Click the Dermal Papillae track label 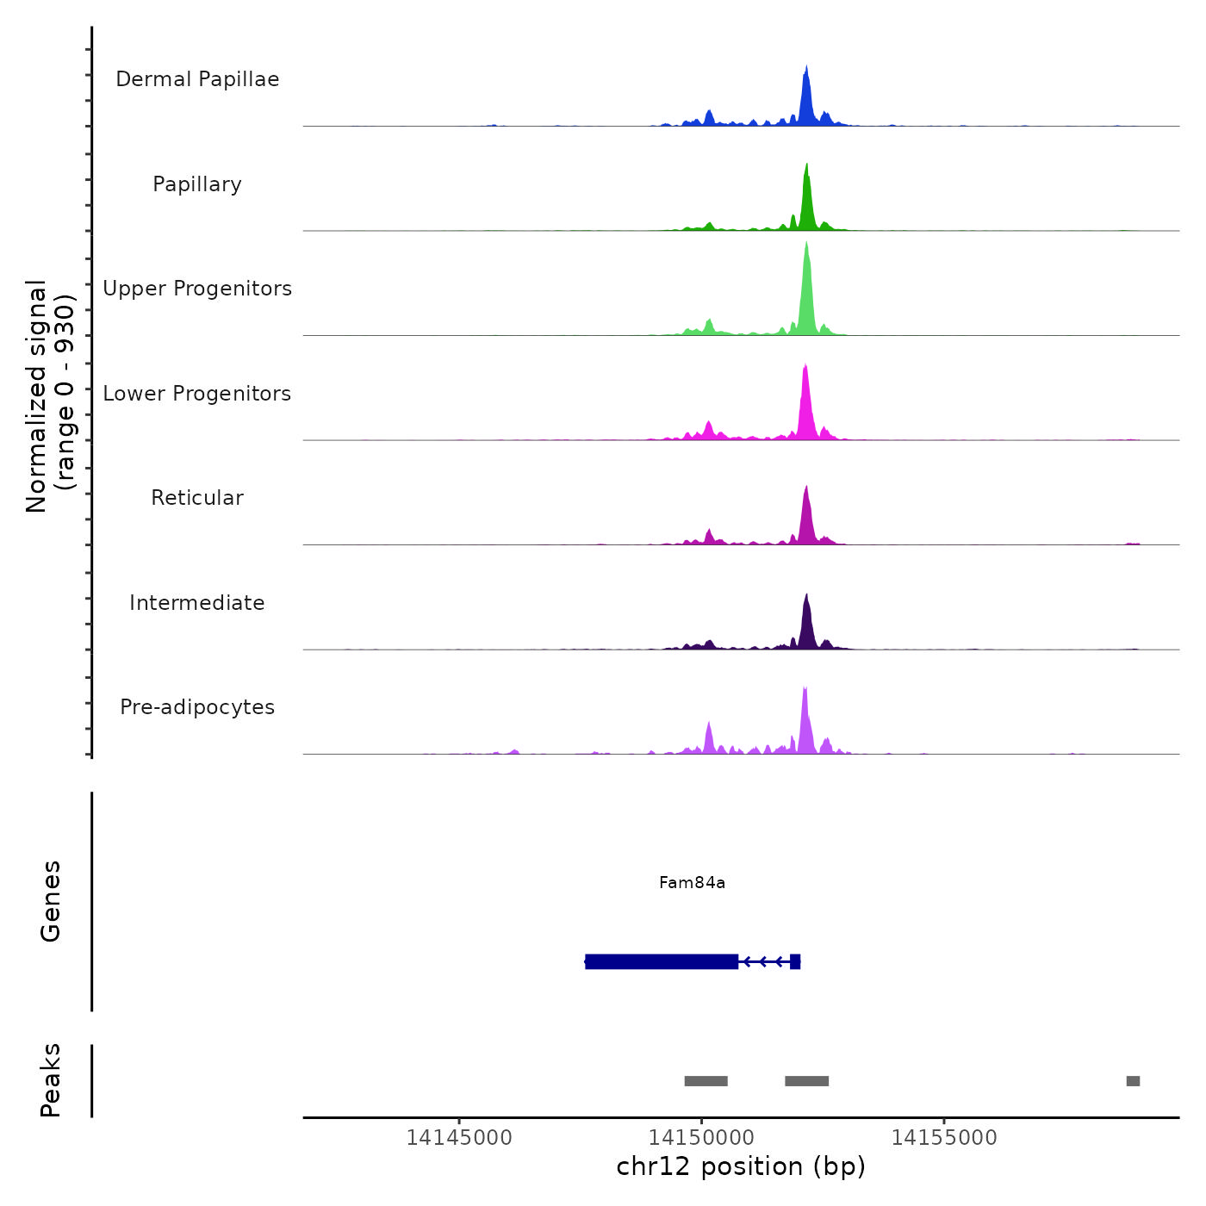(197, 79)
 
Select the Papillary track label (197, 184)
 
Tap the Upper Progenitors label (197, 289)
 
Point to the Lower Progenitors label (197, 394)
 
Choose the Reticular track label (197, 498)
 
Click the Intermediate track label (197, 603)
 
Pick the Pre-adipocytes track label (197, 707)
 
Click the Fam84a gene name (692, 883)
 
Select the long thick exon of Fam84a (662, 961)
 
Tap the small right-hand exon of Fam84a (795, 961)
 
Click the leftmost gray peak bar (706, 1081)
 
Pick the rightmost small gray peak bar (1133, 1081)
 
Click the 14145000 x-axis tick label (459, 1138)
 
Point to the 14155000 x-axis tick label (944, 1138)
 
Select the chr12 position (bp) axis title (741, 1167)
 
